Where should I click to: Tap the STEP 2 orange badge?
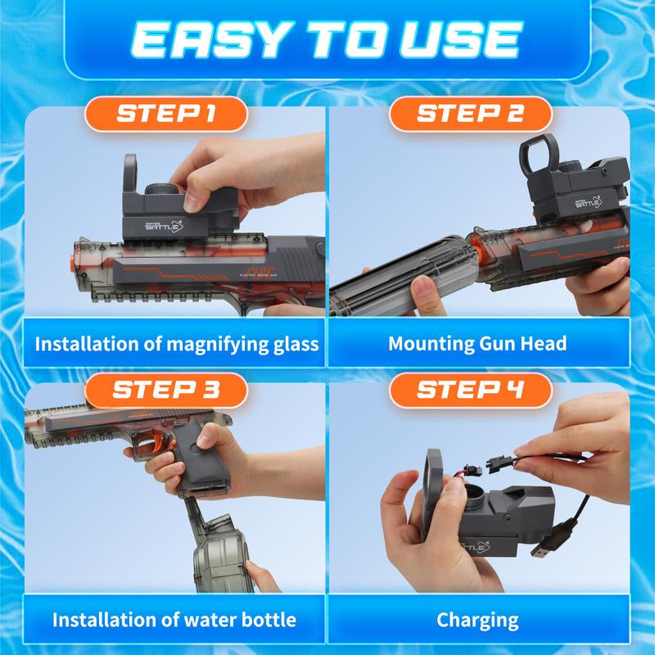pyautogui.click(x=469, y=114)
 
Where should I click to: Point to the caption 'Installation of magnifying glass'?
pyautogui.click(x=176, y=342)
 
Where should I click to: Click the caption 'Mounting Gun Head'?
pyautogui.click(x=477, y=342)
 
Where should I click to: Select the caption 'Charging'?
pyautogui.click(x=477, y=619)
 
